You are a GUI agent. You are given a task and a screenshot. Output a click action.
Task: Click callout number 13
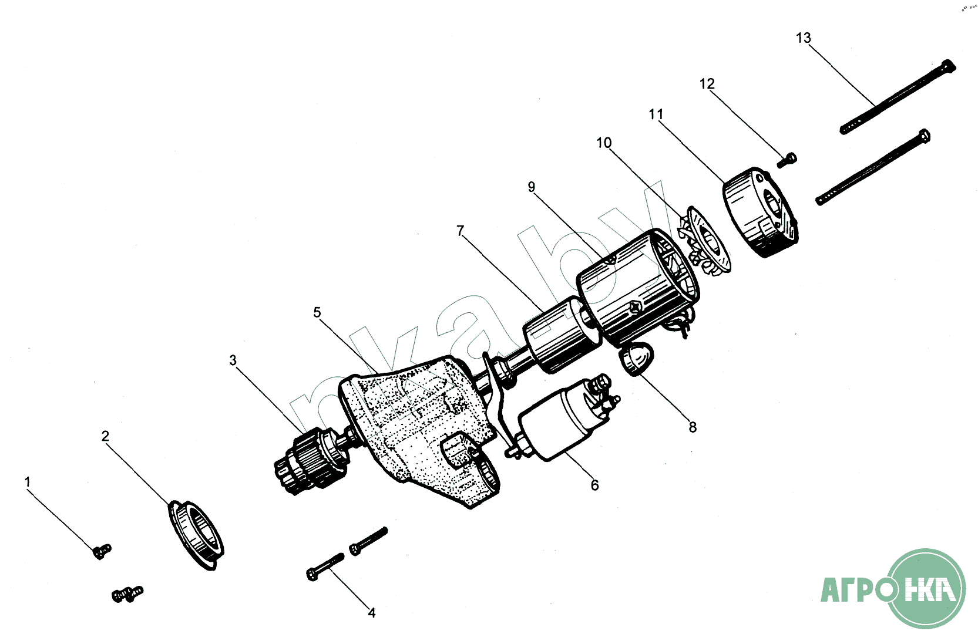pyautogui.click(x=804, y=38)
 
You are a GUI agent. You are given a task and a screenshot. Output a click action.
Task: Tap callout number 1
pyautogui.click(x=28, y=482)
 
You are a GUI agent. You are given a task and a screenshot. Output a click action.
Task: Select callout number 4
pyautogui.click(x=372, y=613)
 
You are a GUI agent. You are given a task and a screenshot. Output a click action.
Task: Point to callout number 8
pyautogui.click(x=693, y=427)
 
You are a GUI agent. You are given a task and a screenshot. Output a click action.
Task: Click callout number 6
pyautogui.click(x=594, y=485)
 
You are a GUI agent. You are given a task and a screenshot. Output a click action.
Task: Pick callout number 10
pyautogui.click(x=604, y=143)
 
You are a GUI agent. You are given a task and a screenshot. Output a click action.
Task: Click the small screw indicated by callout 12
pyautogui.click(x=787, y=160)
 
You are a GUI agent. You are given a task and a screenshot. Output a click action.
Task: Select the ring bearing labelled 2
pyautogui.click(x=196, y=535)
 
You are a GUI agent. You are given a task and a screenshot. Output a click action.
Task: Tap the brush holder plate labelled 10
pyautogui.click(x=704, y=241)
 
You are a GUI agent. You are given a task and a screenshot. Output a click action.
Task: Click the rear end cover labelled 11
pyautogui.click(x=761, y=212)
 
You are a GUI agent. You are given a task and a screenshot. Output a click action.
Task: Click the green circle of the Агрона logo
pyautogui.click(x=926, y=588)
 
